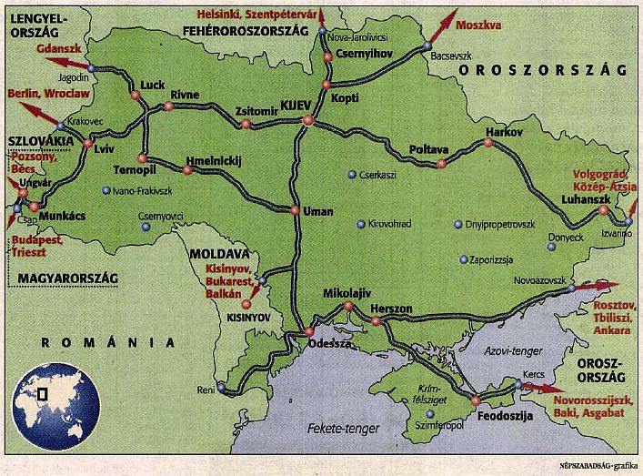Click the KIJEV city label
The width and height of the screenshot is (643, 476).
(x=297, y=105)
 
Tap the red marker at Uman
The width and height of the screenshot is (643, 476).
(x=295, y=210)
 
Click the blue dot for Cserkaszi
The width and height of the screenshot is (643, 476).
(x=351, y=175)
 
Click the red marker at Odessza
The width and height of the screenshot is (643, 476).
(x=309, y=331)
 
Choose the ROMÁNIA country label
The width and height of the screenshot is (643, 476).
(x=107, y=343)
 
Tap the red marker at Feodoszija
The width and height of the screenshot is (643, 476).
(x=475, y=400)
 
